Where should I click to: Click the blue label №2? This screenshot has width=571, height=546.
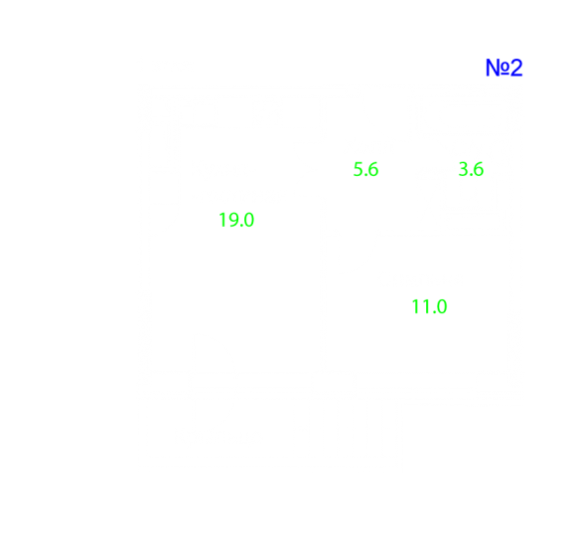(504, 68)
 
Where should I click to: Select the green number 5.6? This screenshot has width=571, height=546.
(366, 170)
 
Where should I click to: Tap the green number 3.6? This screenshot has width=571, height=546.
(471, 169)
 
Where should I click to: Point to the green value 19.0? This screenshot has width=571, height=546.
(236, 220)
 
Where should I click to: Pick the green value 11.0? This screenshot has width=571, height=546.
(429, 306)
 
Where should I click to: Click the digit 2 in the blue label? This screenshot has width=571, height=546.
(516, 68)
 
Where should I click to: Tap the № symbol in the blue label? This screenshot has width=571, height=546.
(498, 68)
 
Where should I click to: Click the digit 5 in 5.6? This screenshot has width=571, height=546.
(358, 170)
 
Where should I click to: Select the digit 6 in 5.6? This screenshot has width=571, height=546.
(373, 170)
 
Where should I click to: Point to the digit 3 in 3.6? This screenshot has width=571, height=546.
(463, 169)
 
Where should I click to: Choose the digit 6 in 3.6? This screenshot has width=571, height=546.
(479, 169)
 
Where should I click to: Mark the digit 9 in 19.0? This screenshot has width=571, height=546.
(232, 220)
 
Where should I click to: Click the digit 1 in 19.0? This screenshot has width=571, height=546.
(222, 220)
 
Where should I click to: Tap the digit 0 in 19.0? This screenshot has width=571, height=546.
(248, 220)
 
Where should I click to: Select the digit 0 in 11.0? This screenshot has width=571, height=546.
(442, 306)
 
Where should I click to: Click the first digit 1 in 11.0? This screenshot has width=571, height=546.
(415, 306)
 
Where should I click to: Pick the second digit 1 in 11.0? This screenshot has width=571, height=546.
(425, 306)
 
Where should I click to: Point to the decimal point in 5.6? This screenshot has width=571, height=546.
(365, 175)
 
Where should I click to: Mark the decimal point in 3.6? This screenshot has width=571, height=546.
(471, 175)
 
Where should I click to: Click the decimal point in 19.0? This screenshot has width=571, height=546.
(240, 226)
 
